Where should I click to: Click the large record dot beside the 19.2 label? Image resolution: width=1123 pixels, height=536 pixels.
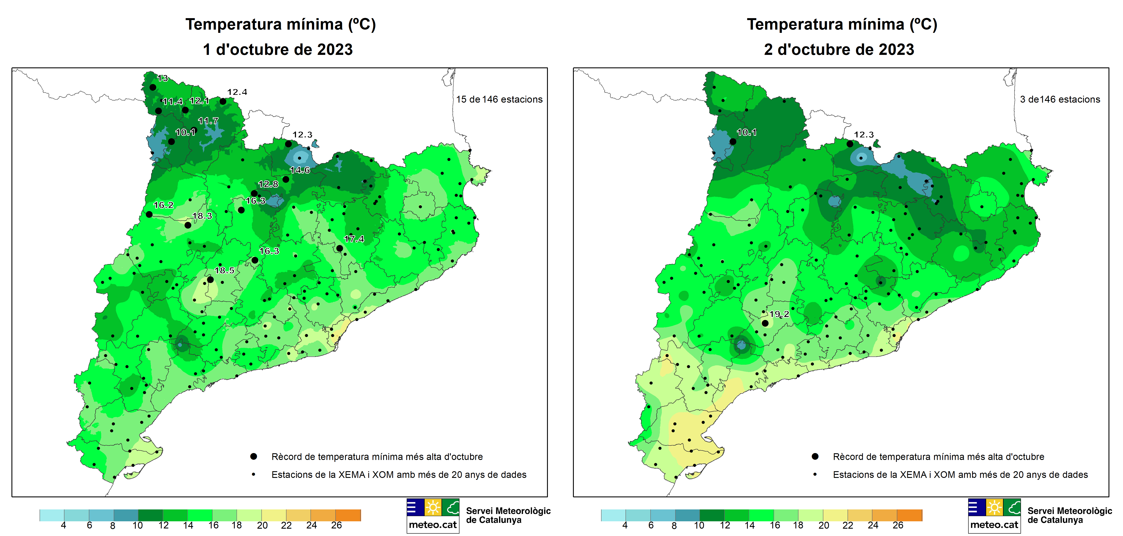pos(765,323)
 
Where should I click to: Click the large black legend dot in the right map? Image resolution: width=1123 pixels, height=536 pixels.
pos(815,457)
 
